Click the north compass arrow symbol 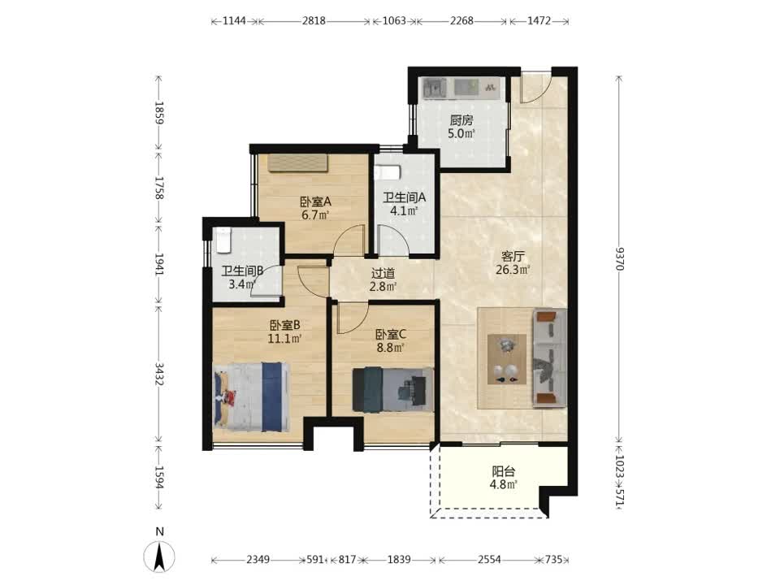(x=159, y=557)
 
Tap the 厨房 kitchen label (x=461, y=120)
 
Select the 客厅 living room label (x=513, y=257)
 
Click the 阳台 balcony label (x=504, y=471)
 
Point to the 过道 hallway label (x=383, y=273)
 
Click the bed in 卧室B (x=251, y=396)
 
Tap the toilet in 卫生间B (x=223, y=239)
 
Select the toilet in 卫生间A (x=388, y=172)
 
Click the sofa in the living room (x=550, y=357)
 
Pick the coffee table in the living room (x=507, y=359)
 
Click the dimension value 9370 (x=619, y=258)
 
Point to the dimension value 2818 (x=314, y=21)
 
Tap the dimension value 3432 (x=158, y=373)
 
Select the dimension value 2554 (x=489, y=560)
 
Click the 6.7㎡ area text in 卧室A (x=315, y=215)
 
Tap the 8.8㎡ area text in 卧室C (x=390, y=348)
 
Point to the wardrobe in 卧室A (x=298, y=163)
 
